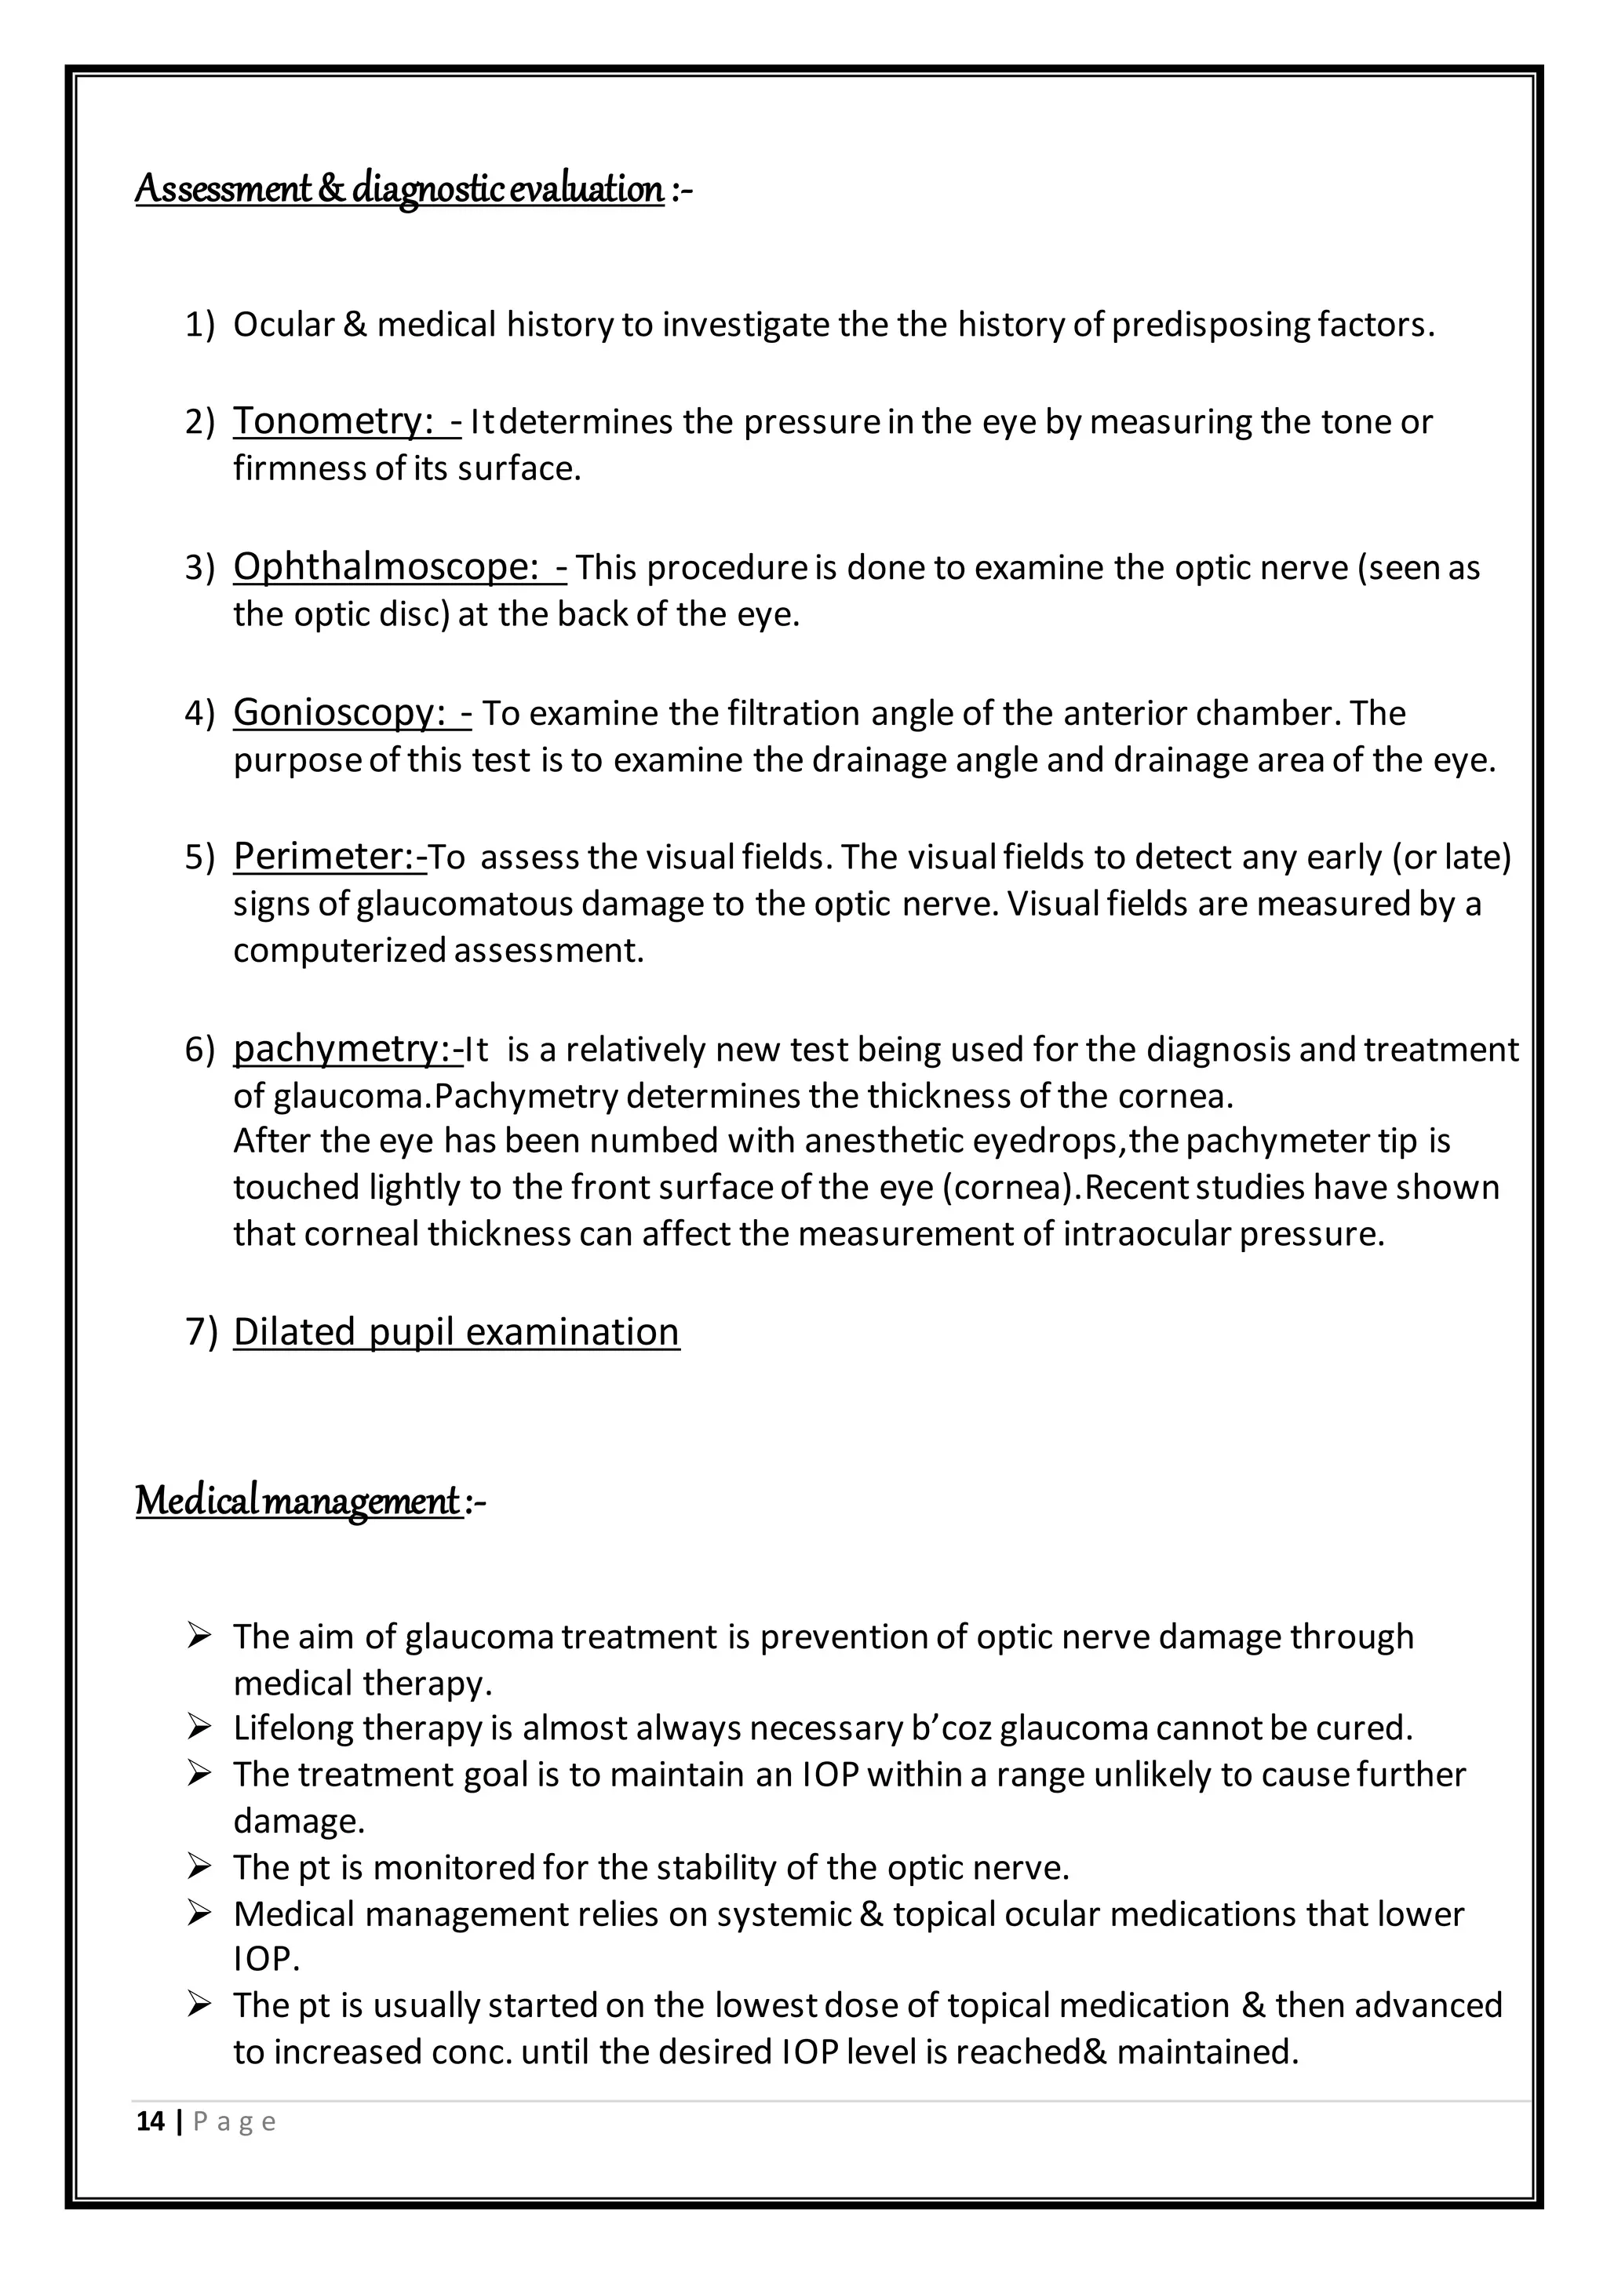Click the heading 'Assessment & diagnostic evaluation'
click(x=399, y=189)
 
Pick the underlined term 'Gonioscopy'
click(x=337, y=712)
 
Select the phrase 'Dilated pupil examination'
click(x=456, y=1332)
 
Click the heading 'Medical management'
click(x=298, y=1501)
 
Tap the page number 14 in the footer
click(x=151, y=2121)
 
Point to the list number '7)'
click(x=201, y=1333)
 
